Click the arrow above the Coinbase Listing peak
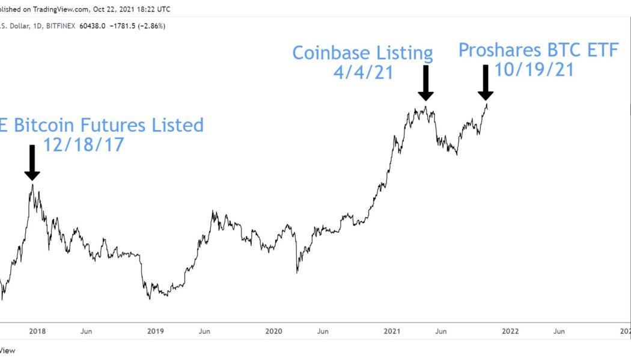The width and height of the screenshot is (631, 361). coord(425,82)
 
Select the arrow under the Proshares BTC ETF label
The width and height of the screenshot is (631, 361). coord(486,82)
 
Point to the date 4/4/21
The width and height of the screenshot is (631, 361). coord(363,73)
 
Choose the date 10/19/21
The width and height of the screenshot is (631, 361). coord(534,69)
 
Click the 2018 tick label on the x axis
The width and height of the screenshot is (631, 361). coord(37,331)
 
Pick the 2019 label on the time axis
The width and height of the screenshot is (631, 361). coord(155,331)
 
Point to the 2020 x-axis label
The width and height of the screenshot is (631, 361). coord(273,331)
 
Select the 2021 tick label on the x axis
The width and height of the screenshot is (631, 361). coord(392,331)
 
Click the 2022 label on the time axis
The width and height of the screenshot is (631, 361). coord(510,331)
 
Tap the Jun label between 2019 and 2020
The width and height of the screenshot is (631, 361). coord(204,331)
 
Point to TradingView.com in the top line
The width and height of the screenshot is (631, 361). coord(61,9)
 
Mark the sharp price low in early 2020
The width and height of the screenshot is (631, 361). coord(297,273)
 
